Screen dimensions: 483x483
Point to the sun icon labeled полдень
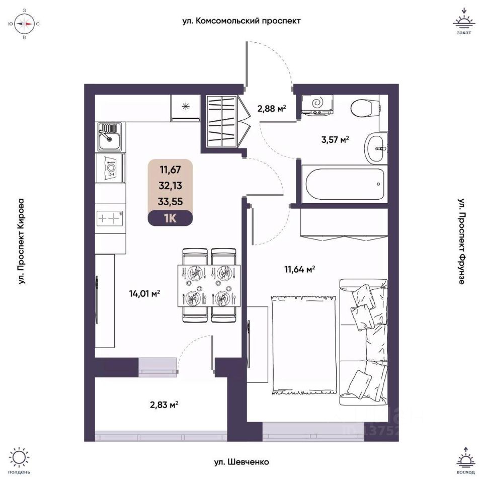tap(19, 458)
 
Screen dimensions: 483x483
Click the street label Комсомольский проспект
tap(242, 21)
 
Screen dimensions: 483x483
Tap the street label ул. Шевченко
tap(241, 461)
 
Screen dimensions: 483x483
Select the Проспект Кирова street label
tap(21, 242)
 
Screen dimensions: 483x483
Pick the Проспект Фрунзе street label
tap(461, 242)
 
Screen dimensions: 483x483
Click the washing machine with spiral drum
tap(318, 104)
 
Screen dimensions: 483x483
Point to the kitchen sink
tap(109, 137)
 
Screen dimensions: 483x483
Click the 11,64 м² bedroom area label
tap(299, 270)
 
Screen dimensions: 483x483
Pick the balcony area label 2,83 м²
tap(164, 404)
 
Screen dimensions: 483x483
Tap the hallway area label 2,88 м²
tap(272, 108)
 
